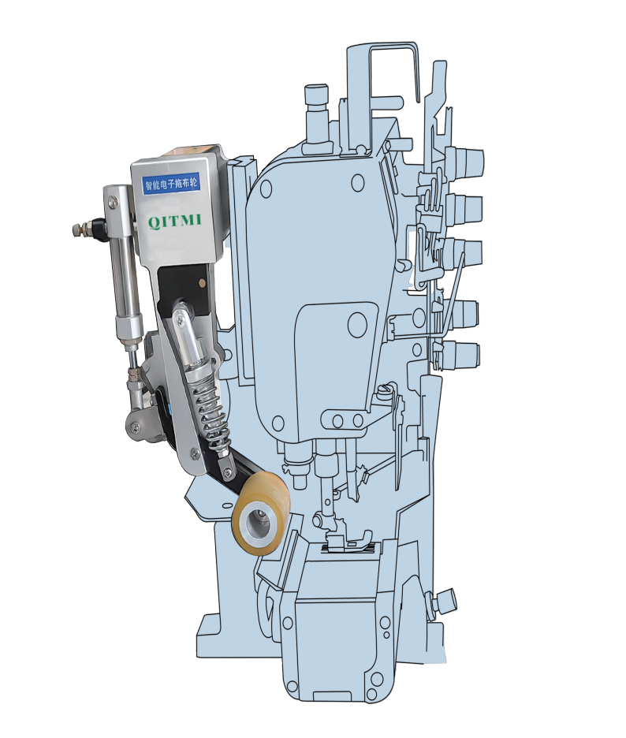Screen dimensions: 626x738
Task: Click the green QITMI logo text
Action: [175, 221]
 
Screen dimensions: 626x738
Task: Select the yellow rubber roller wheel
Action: [260, 514]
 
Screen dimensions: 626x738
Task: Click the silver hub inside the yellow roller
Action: [255, 523]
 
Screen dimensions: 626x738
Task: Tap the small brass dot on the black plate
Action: [203, 283]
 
